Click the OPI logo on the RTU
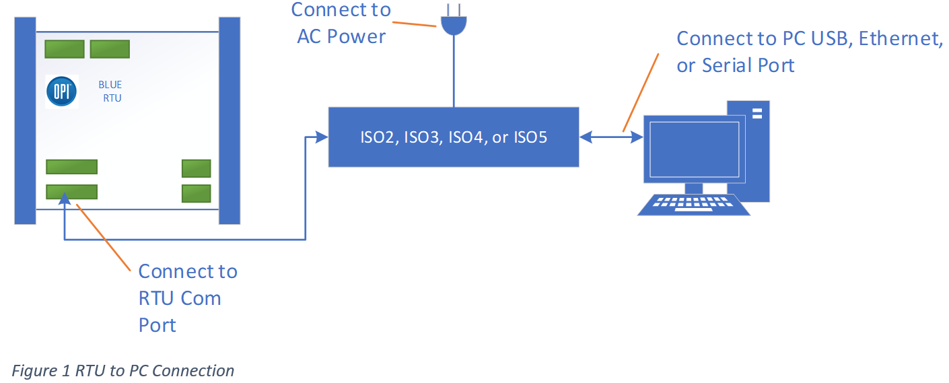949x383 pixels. tap(62, 92)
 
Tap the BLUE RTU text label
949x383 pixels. tap(110, 92)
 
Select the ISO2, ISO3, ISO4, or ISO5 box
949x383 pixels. tap(453, 137)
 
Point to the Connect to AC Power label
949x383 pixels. tap(341, 23)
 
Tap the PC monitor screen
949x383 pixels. tap(694, 148)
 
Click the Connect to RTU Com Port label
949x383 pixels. tap(187, 298)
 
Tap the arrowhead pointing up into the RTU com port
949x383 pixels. tap(64, 197)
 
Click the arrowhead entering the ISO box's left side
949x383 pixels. tap(322, 137)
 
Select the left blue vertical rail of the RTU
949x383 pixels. tap(25, 120)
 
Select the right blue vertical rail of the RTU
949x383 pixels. tap(230, 120)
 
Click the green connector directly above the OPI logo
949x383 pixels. tap(65, 49)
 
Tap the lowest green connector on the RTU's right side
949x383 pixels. tap(197, 193)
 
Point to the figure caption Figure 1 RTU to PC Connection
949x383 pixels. tap(124, 371)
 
